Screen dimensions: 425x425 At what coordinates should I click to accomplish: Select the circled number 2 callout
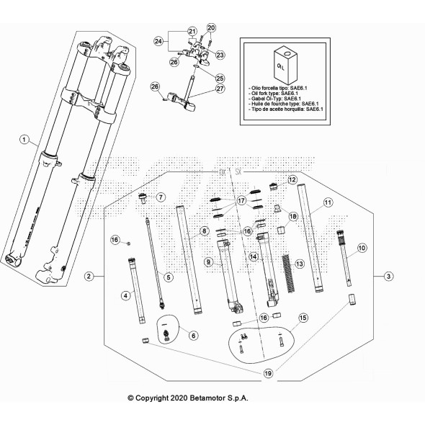coord(88,276)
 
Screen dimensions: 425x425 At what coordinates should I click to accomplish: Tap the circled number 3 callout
coord(388,276)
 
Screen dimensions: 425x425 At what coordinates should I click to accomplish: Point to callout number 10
coord(362,247)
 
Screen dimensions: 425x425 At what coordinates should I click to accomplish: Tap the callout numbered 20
coord(211,28)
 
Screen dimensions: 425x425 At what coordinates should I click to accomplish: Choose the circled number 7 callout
coord(161,197)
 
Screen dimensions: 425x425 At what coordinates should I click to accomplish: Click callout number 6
coord(192,335)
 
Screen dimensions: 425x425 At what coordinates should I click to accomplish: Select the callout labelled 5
coord(168,277)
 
